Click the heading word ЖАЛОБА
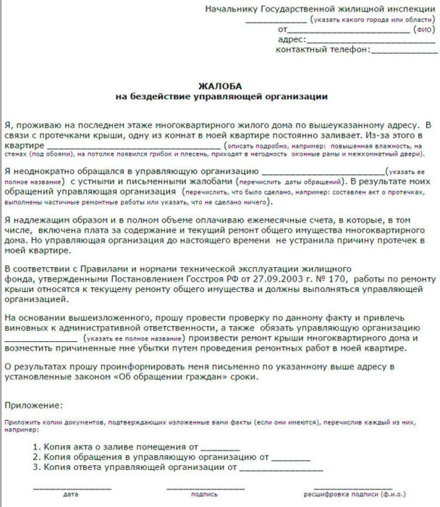221,85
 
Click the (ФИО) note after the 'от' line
424,30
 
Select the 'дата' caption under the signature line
71,495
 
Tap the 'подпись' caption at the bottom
204,495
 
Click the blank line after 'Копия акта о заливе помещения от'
220,448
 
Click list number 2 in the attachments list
36,458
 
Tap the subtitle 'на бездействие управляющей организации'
221,96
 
